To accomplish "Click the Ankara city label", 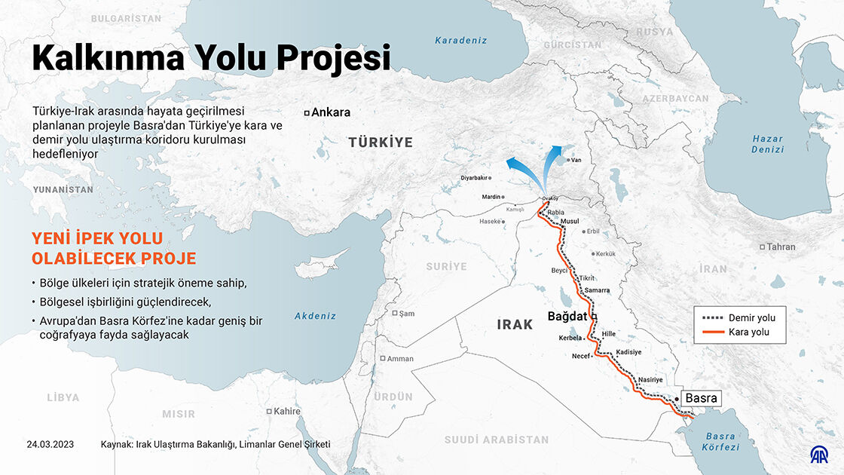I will tap(331, 112).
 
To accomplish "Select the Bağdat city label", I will tap(567, 317).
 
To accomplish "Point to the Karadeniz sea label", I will tap(461, 41).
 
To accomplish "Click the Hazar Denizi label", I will tap(767, 144).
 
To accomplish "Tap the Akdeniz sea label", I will tap(315, 316).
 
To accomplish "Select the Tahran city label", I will tap(781, 247).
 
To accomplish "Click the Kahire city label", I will tap(286, 411).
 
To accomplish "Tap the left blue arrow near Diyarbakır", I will tap(518, 166).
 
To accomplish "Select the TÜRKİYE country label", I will tap(381, 142).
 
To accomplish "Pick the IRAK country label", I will tap(515, 325).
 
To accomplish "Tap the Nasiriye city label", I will tap(650, 379).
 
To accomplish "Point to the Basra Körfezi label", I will tap(720, 442).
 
